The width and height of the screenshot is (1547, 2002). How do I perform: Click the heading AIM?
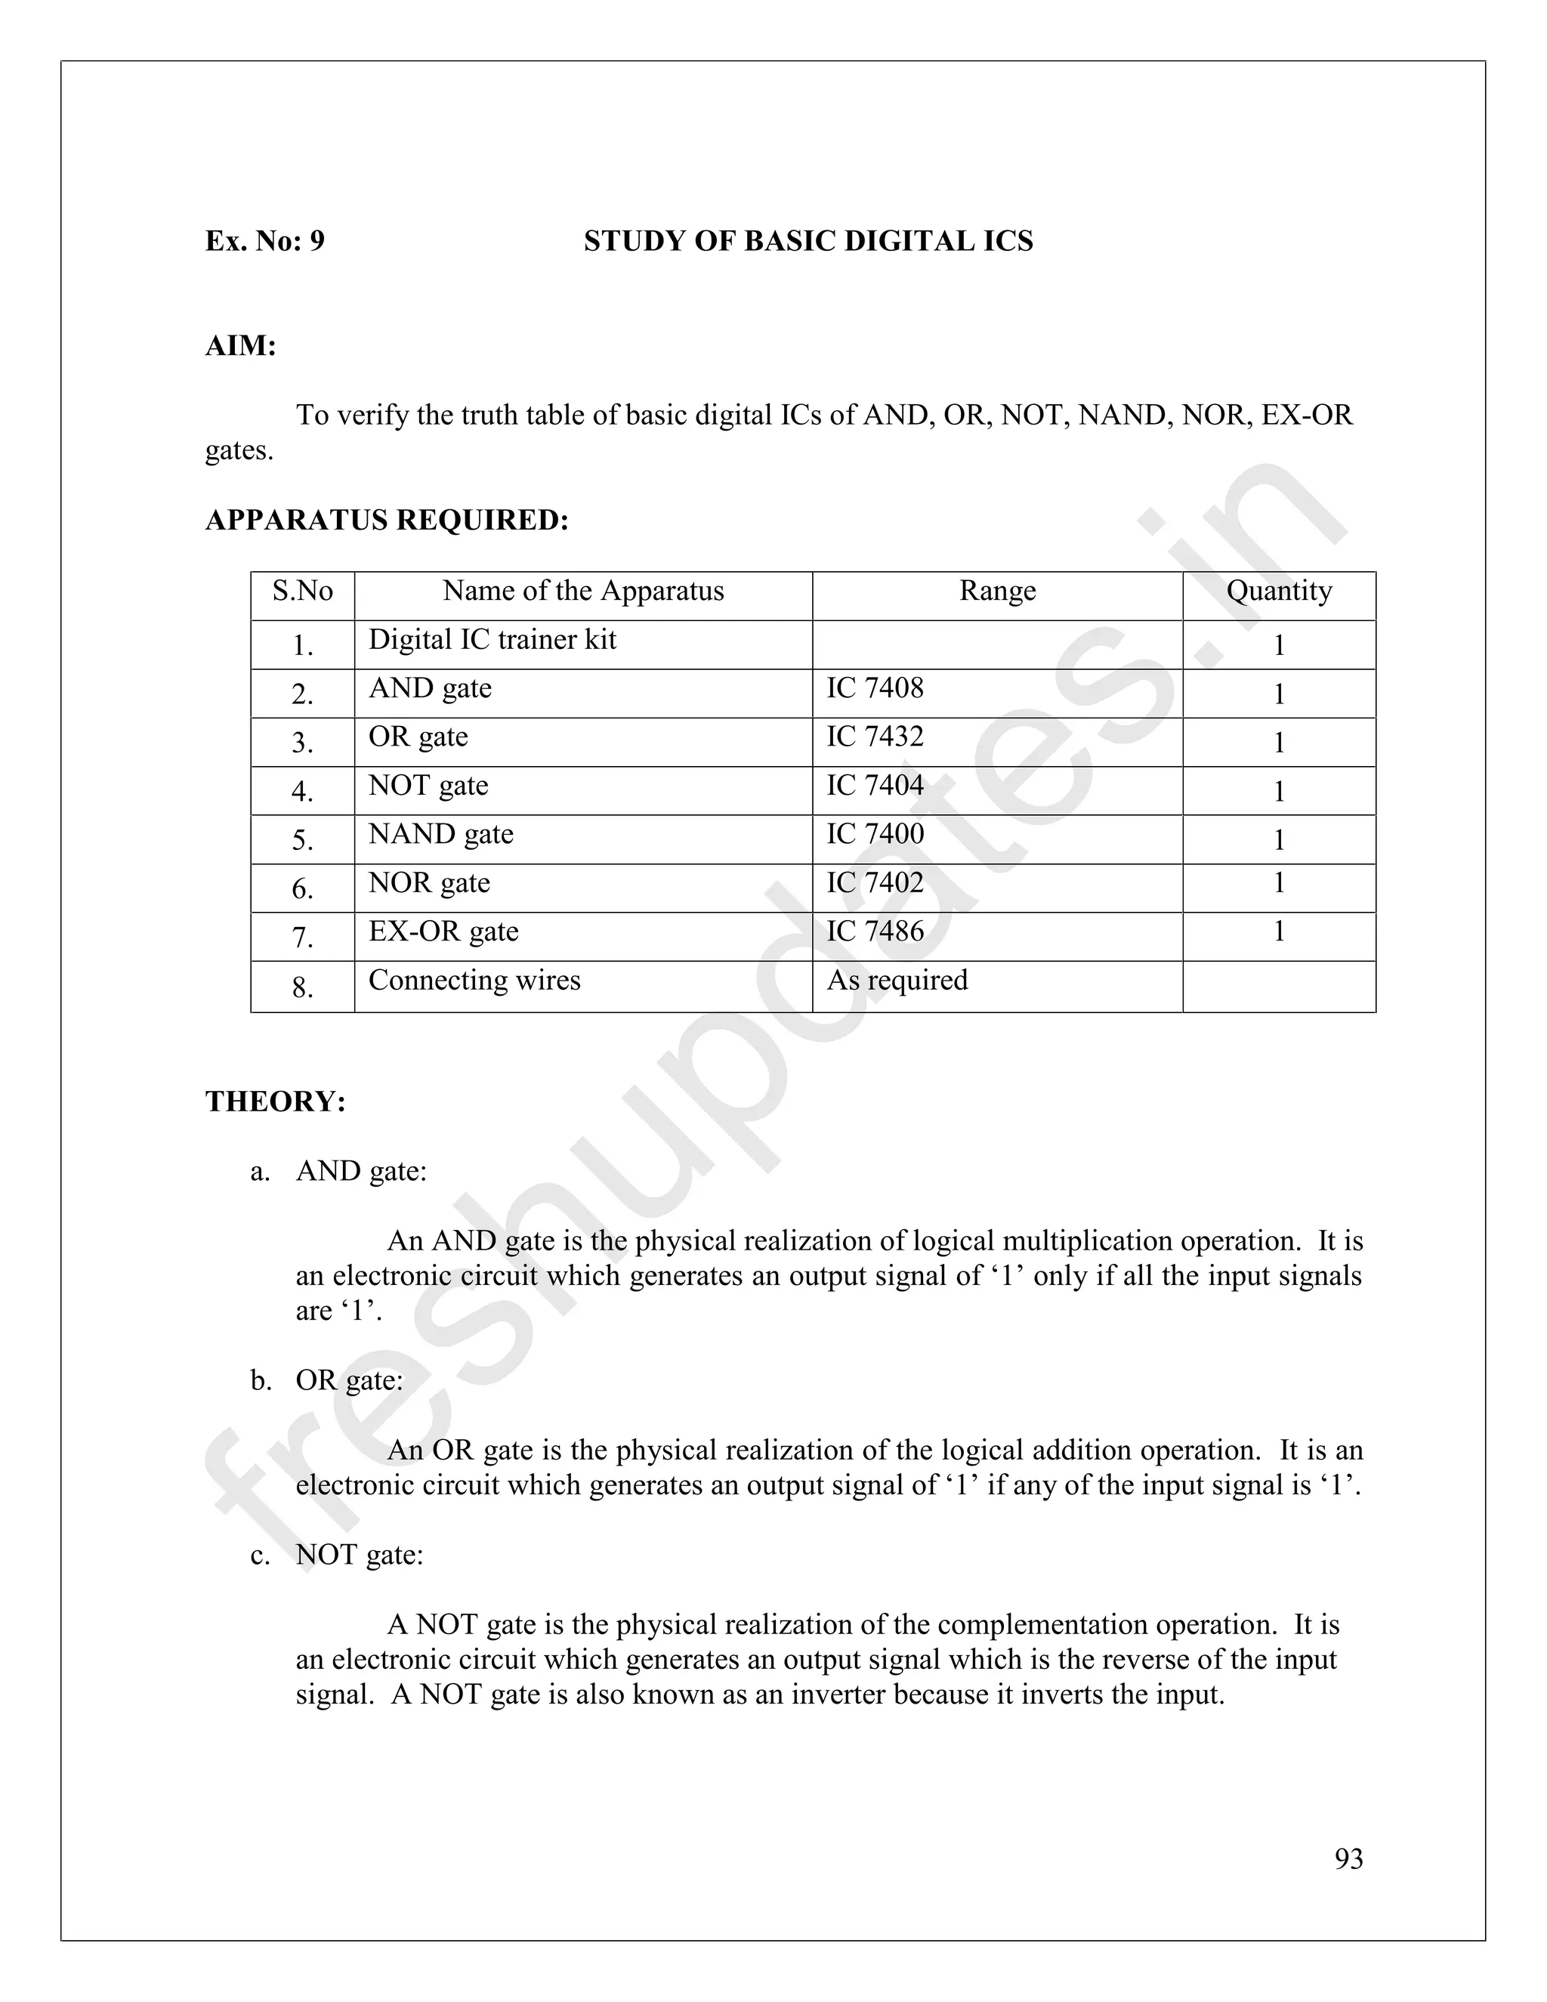pyautogui.click(x=240, y=347)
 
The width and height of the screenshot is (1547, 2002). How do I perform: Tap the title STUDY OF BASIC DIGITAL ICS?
pyautogui.click(x=808, y=241)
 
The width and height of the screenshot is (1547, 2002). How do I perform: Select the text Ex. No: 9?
pyautogui.click(x=265, y=241)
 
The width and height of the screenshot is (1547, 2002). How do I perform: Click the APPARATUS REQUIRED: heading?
pyautogui.click(x=387, y=521)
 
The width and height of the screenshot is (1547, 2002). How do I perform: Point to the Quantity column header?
pyautogui.click(x=1279, y=592)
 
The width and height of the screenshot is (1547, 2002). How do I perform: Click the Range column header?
pyautogui.click(x=997, y=592)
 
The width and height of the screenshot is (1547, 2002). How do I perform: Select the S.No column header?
pyautogui.click(x=302, y=592)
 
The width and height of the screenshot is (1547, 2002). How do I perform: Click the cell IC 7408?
pyautogui.click(x=875, y=687)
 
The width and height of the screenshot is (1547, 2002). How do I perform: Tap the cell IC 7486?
pyautogui.click(x=875, y=931)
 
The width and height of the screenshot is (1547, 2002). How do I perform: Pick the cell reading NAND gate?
pyautogui.click(x=441, y=834)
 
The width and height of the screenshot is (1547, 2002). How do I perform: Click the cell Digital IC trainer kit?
pyautogui.click(x=493, y=639)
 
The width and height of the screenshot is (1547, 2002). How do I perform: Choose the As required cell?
pyautogui.click(x=897, y=980)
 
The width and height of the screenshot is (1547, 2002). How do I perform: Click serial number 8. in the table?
pyautogui.click(x=302, y=987)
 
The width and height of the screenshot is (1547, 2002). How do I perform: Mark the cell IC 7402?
pyautogui.click(x=875, y=882)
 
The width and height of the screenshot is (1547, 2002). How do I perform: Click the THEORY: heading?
pyautogui.click(x=276, y=1101)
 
